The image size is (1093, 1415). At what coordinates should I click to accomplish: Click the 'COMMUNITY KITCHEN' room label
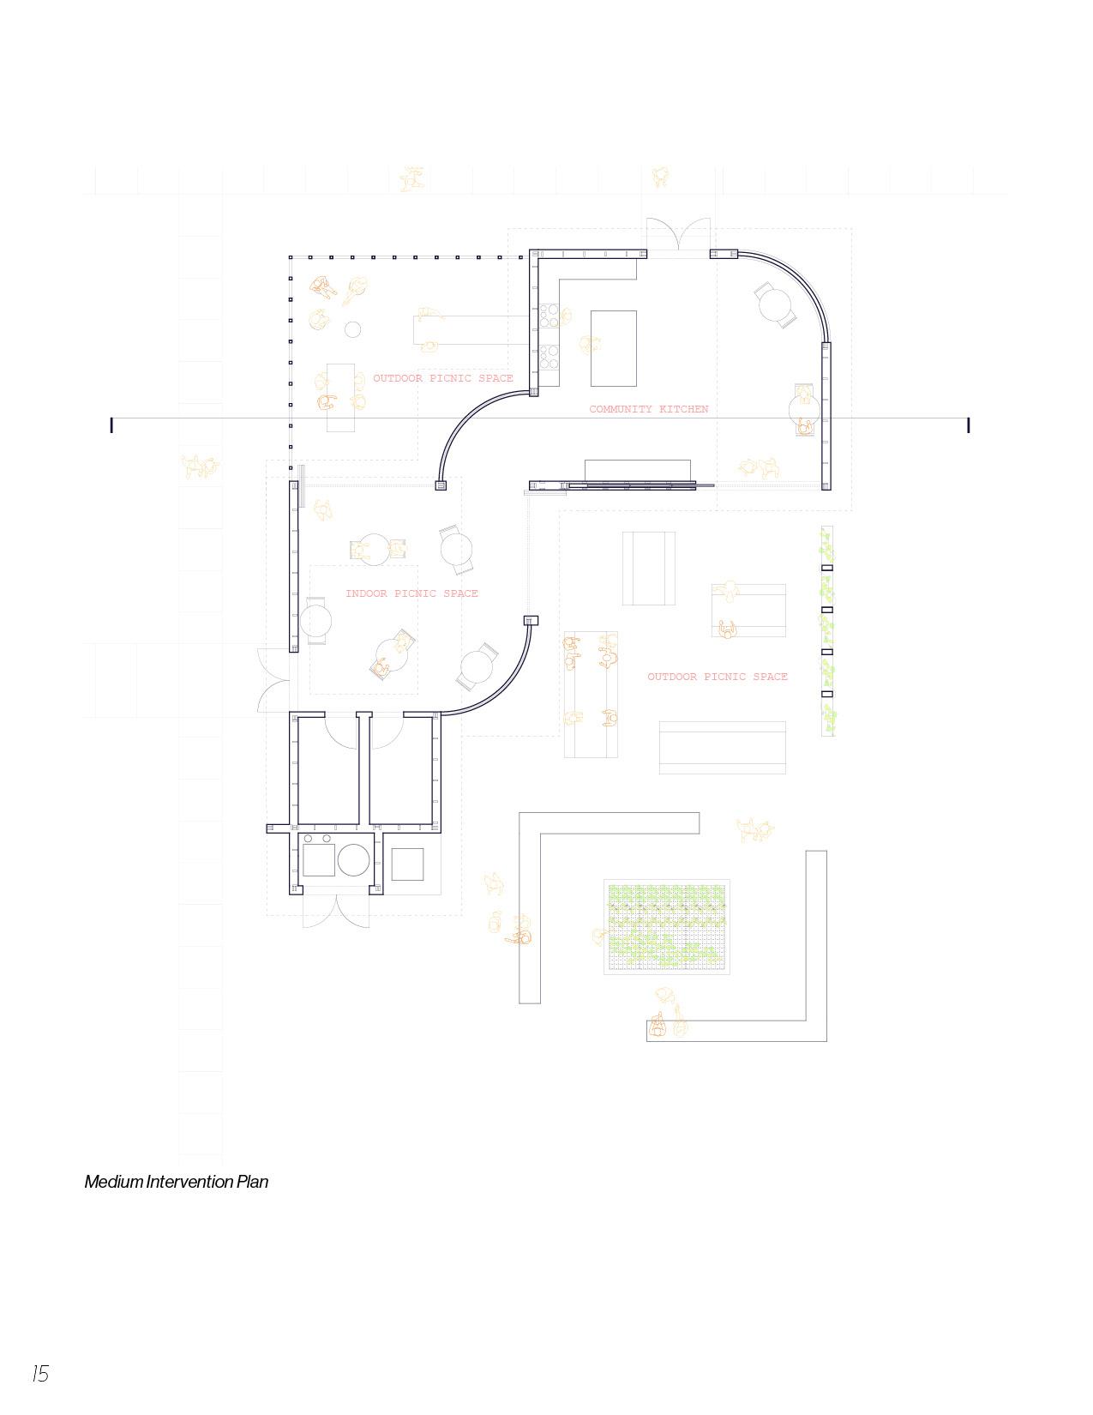[x=648, y=409]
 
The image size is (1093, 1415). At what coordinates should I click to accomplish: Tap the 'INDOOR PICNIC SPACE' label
[x=411, y=593]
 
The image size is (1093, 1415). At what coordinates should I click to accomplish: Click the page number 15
[x=40, y=1374]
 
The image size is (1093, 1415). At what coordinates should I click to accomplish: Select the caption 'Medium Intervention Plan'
[x=176, y=1182]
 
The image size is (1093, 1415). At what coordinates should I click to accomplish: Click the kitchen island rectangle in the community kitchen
[x=614, y=348]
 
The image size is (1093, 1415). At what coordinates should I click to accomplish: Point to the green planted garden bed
[x=666, y=926]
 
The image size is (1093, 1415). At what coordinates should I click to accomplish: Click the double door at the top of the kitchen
[x=679, y=237]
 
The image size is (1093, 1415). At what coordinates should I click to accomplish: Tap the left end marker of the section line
[x=111, y=424]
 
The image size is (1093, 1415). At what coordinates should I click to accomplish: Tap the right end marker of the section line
[x=968, y=424]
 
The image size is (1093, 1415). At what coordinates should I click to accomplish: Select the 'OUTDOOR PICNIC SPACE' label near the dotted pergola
[x=442, y=378]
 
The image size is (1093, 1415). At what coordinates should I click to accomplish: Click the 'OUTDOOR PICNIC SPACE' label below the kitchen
[x=717, y=677]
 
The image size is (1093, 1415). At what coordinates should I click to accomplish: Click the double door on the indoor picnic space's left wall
[x=273, y=681]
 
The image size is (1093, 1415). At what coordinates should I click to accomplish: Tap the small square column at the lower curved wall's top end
[x=531, y=620]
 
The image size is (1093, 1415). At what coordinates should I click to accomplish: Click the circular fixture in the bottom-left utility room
[x=353, y=859]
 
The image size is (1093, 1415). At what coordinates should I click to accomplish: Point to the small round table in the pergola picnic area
[x=352, y=328]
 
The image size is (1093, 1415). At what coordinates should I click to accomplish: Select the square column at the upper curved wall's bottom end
[x=441, y=485]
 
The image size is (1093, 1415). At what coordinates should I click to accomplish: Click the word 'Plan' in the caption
[x=253, y=1182]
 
